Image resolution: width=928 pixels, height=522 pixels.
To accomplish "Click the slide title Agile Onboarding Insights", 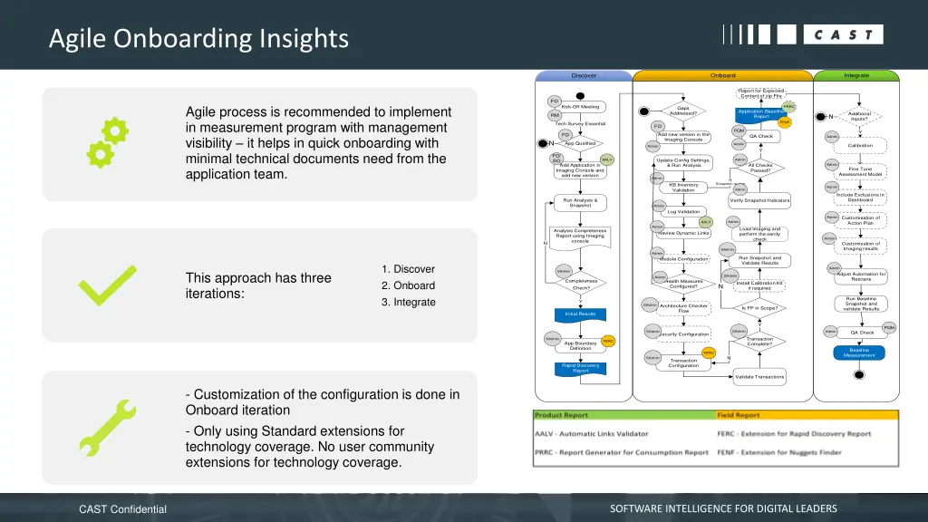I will coord(198,38).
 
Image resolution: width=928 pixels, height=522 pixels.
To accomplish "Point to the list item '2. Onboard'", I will coord(408,285).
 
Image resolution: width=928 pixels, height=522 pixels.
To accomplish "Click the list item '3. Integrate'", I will coord(409,302).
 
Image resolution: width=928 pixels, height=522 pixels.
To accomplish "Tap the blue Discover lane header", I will coord(585,75).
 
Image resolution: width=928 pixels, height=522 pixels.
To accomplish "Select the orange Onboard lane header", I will coord(722,75).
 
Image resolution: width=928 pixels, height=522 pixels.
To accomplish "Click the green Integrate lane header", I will coord(855,75).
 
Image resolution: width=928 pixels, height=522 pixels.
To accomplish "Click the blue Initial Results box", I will coord(580,314).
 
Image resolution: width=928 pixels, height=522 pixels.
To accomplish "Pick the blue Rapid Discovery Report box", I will coord(580,368).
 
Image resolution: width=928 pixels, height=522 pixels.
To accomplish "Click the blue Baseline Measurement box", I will coord(859,353).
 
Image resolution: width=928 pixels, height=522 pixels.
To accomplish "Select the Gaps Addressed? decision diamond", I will coord(683,111).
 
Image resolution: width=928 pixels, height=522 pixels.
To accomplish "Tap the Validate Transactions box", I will coord(759,376).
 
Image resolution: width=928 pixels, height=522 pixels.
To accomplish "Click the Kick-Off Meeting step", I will coord(580,107).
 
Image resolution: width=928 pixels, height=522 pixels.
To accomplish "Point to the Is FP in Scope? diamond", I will coord(759,308).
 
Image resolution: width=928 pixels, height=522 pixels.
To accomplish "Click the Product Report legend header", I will coord(562,415).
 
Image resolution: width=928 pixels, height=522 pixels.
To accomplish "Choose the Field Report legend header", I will coord(739,415).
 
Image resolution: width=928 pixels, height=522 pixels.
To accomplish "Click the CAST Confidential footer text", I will coord(123,509).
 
